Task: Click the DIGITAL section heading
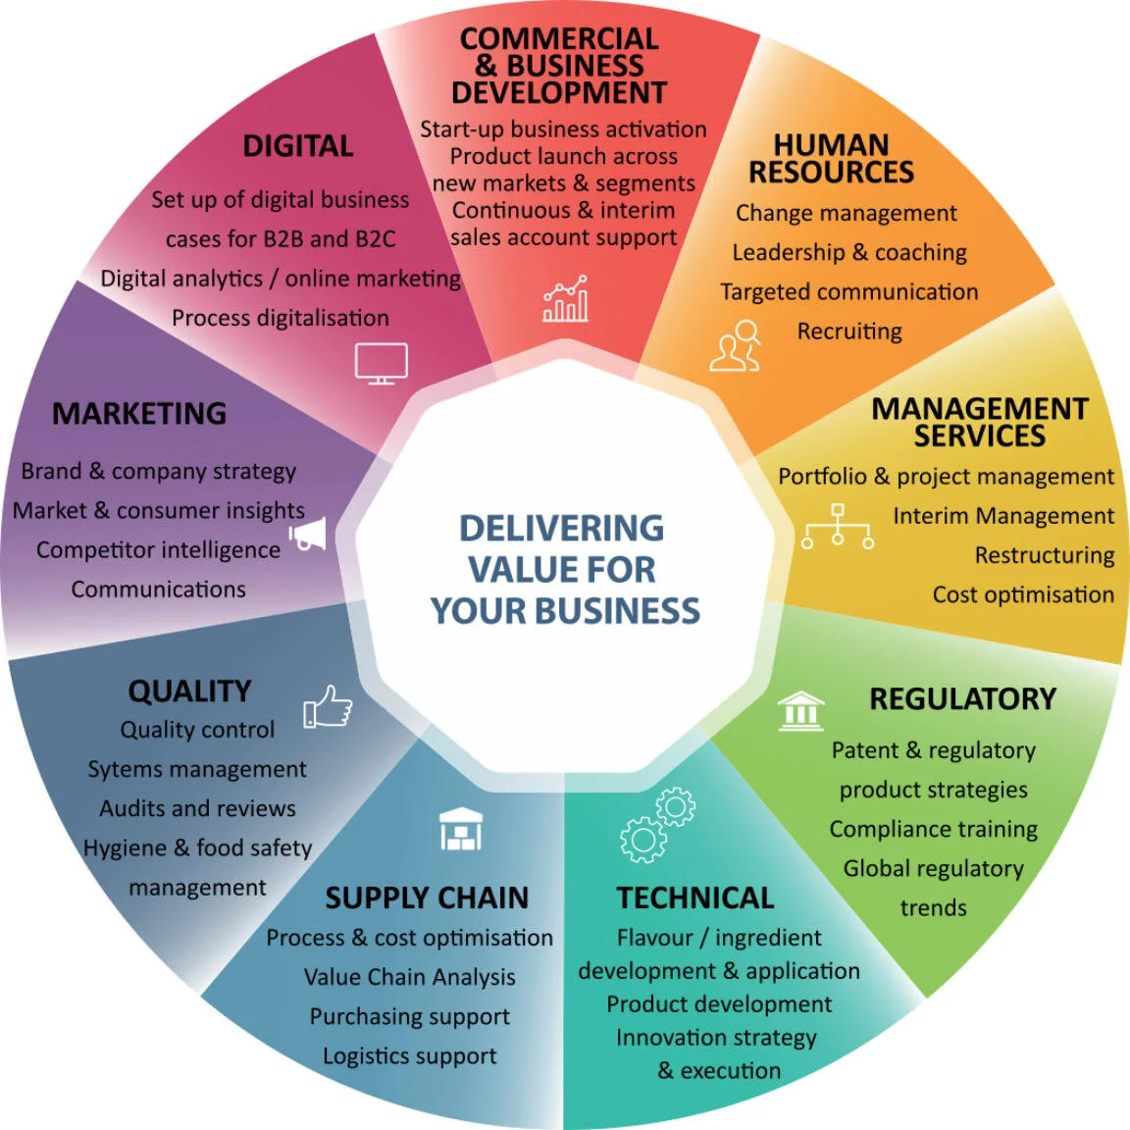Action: click(298, 146)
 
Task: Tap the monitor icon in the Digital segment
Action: click(381, 363)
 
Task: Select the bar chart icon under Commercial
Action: click(566, 299)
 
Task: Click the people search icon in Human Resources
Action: click(736, 345)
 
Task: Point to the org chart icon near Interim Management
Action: click(837, 527)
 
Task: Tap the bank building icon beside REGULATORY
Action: click(800, 710)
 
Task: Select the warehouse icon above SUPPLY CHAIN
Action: click(460, 829)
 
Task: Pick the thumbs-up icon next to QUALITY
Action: click(328, 706)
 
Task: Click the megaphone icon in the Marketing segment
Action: click(308, 535)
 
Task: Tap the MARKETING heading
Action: click(139, 414)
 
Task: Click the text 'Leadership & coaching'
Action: click(849, 252)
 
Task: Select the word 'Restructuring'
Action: click(1045, 555)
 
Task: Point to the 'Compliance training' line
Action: click(933, 829)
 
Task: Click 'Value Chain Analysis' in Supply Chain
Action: click(409, 977)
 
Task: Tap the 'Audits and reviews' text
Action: click(197, 808)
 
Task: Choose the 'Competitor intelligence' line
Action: click(158, 550)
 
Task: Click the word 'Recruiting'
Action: click(849, 332)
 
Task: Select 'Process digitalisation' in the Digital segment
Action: click(281, 318)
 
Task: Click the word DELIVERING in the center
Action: click(561, 528)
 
